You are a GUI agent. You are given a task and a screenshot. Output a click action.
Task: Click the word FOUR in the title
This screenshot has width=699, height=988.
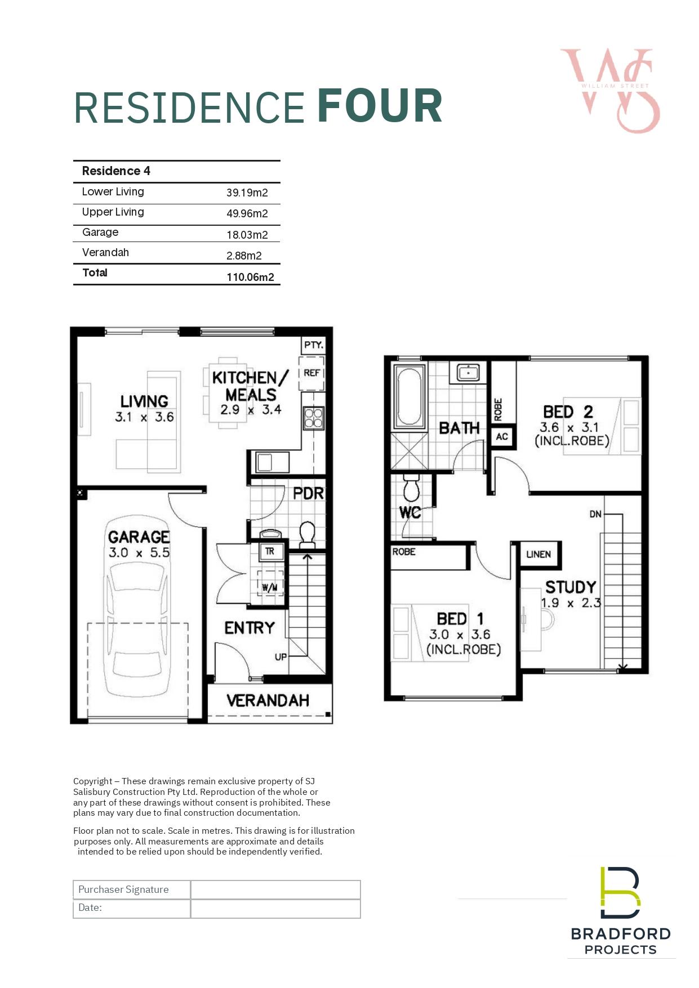[x=380, y=106]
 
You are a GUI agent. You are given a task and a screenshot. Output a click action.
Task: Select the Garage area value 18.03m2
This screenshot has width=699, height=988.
[x=247, y=235]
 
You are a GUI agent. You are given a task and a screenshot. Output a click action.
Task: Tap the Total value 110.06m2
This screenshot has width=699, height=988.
[x=250, y=277]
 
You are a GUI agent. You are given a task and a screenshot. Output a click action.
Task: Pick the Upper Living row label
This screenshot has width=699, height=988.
[x=113, y=212]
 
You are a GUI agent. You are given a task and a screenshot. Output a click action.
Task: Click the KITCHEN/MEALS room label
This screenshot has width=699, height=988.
[x=250, y=386]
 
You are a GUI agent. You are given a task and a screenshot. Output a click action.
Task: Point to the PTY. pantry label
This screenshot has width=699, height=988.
[x=314, y=345]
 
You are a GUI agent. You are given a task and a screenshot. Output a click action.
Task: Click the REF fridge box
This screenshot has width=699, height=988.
[x=311, y=373]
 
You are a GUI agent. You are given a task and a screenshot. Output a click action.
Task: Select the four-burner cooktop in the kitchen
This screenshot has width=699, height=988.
[x=314, y=418]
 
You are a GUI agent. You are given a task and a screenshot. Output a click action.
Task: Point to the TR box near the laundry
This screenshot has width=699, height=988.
[x=270, y=552]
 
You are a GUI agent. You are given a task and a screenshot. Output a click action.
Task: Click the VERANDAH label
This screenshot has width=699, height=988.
[x=268, y=700]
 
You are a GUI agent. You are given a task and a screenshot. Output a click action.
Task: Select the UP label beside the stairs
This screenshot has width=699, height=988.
[x=281, y=657]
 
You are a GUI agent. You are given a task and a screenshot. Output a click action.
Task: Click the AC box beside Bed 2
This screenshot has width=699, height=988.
[x=502, y=437]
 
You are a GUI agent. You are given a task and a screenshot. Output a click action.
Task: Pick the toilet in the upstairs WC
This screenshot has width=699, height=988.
[x=411, y=488]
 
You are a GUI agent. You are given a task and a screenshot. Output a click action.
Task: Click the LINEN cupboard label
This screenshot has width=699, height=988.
[x=538, y=555]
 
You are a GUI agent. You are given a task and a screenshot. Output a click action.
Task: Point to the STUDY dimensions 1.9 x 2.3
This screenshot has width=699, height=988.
[x=571, y=603]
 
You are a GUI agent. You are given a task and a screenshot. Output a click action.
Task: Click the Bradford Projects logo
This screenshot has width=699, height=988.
[x=621, y=911]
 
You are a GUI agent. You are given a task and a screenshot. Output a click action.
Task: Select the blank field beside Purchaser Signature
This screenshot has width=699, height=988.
[x=275, y=890]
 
